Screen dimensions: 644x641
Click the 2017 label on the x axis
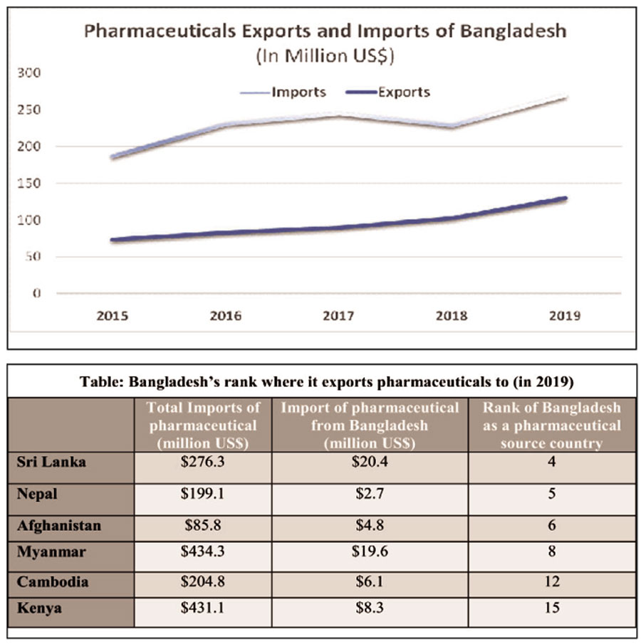click(x=339, y=315)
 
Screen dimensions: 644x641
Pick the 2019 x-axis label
click(x=566, y=315)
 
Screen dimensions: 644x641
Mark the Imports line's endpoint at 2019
click(x=566, y=97)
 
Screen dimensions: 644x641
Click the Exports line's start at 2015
click(x=113, y=240)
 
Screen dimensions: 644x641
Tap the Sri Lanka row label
click(x=51, y=462)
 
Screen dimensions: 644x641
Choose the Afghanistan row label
click(x=59, y=526)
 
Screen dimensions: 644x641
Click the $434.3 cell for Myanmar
click(x=202, y=551)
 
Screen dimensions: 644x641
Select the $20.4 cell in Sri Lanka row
click(x=369, y=463)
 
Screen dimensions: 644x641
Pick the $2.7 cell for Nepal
click(x=369, y=495)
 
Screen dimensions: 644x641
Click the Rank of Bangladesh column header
click(x=551, y=426)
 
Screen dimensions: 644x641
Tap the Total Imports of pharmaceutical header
click(x=202, y=426)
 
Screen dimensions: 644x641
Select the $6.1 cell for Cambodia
click(x=369, y=581)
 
